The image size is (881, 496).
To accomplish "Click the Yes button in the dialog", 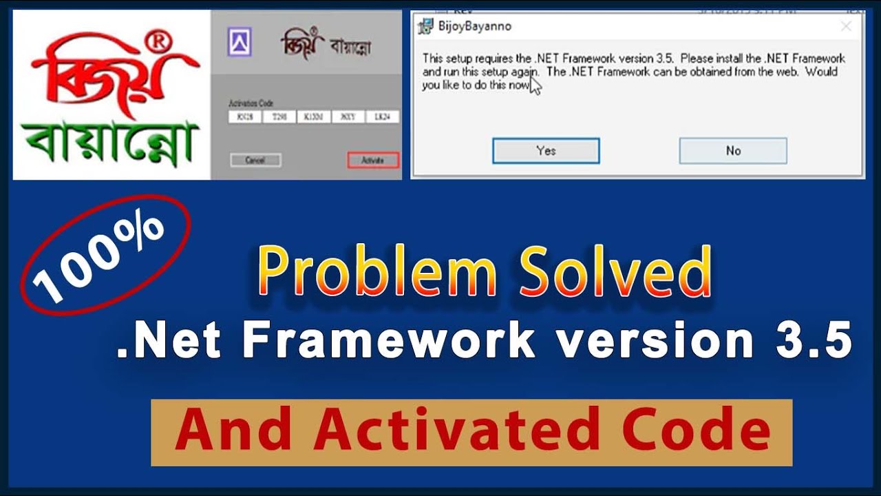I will [546, 151].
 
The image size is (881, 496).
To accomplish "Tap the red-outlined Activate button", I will [372, 161].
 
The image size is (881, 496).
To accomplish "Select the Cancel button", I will [255, 161].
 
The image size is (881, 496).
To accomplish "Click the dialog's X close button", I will [846, 27].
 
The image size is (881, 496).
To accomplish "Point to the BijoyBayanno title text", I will [474, 27].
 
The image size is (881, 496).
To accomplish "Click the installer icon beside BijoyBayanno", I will [426, 27].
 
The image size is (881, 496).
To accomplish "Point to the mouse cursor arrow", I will [535, 85].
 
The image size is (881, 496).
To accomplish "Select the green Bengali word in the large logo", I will [110, 145].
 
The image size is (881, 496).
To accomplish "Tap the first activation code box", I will [245, 117].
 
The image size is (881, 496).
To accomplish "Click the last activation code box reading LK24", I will [383, 117].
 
